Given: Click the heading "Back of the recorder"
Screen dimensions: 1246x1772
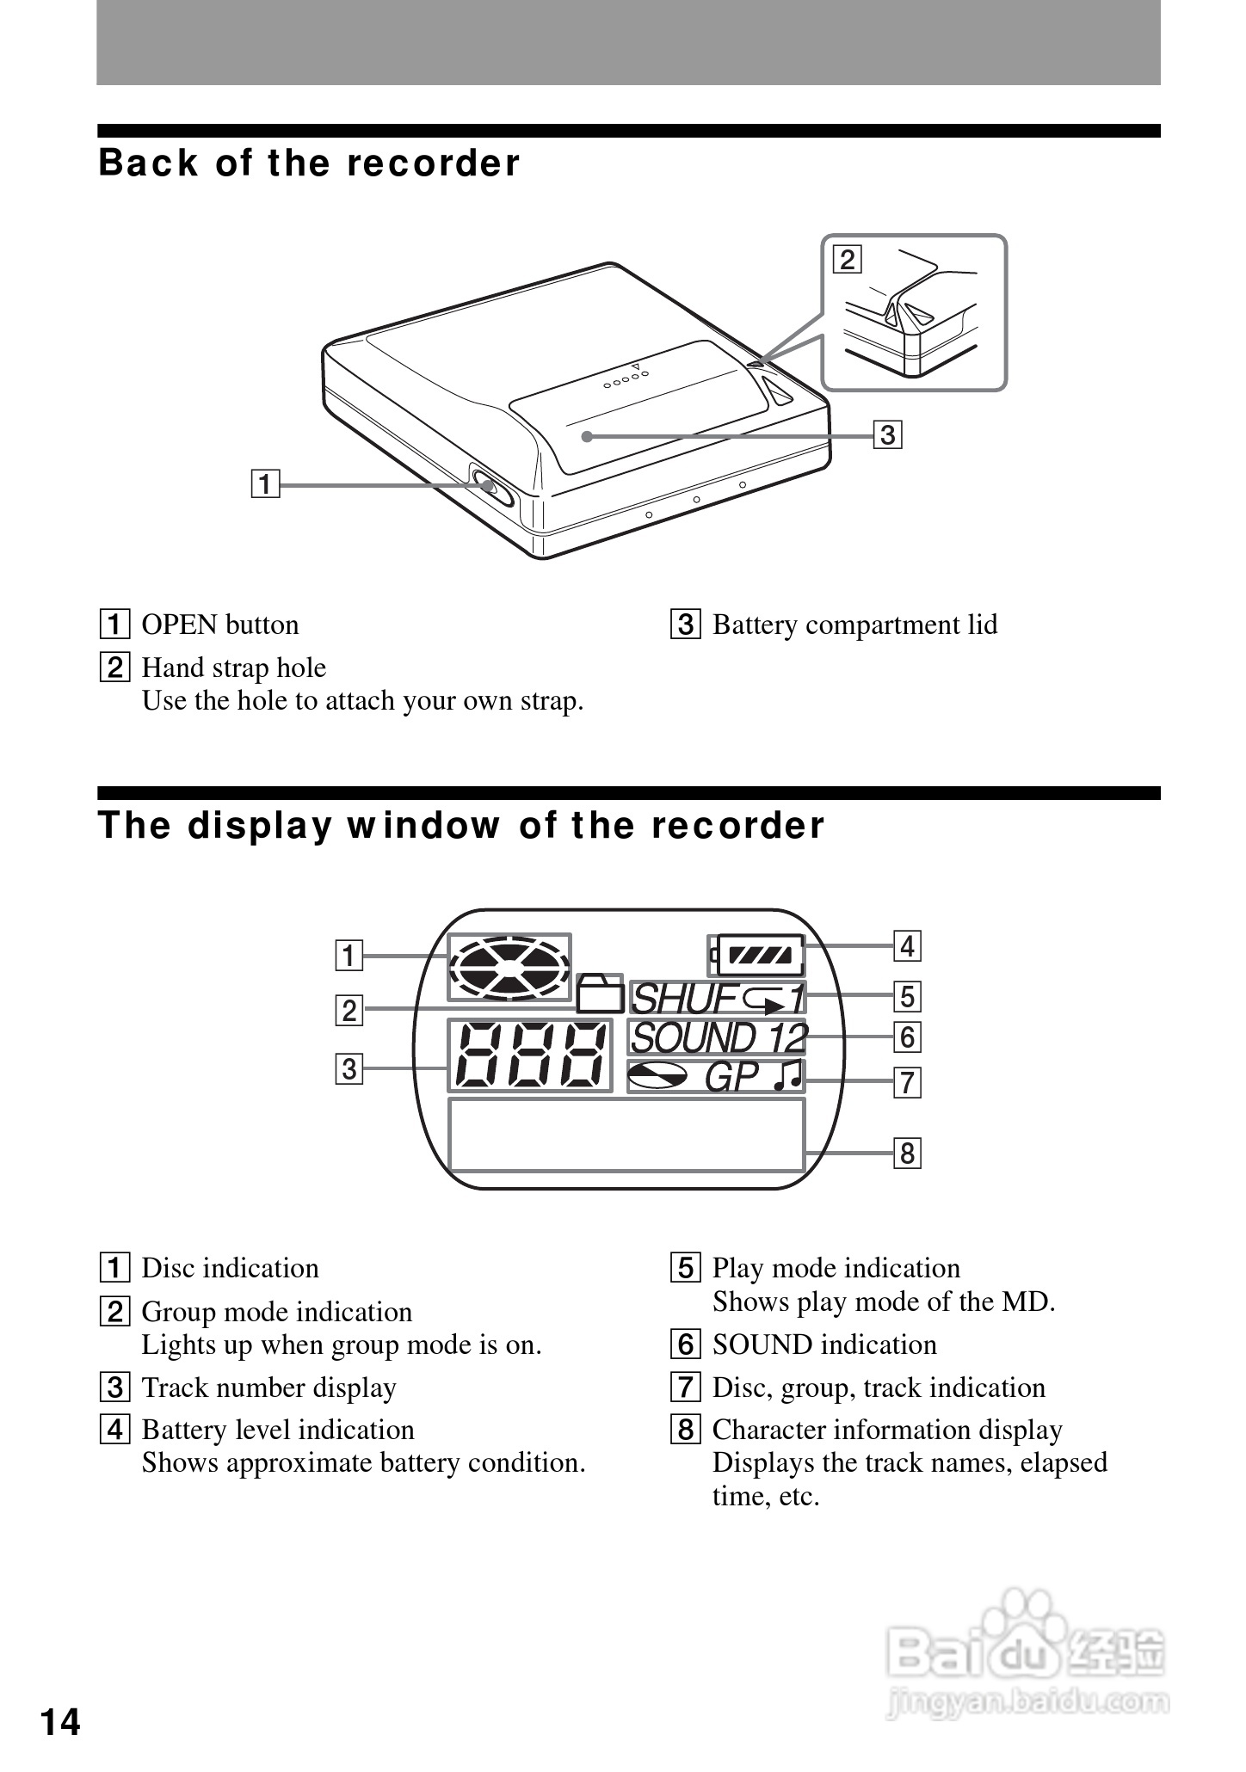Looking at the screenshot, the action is click(x=309, y=163).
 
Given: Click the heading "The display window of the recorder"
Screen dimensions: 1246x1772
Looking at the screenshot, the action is click(x=461, y=826).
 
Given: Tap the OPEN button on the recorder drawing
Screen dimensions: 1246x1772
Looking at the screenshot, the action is click(x=489, y=486).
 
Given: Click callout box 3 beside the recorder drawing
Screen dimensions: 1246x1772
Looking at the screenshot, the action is click(x=887, y=434).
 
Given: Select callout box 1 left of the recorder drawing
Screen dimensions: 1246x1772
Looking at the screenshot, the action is click(x=266, y=484).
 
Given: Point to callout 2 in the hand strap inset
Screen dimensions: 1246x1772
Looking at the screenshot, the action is click(x=848, y=259).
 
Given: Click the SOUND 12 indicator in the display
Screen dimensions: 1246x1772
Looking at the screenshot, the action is click(x=718, y=1038).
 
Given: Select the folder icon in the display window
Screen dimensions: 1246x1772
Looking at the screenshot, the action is click(x=601, y=994).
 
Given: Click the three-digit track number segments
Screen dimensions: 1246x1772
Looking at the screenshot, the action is click(x=529, y=1055).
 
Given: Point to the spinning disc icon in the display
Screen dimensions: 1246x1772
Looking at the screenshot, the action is click(x=509, y=968).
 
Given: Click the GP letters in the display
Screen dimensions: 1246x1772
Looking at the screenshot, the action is click(x=732, y=1077).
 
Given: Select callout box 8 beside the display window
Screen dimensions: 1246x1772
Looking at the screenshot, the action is click(x=907, y=1153).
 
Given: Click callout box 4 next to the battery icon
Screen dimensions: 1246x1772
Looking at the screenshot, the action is click(x=907, y=945).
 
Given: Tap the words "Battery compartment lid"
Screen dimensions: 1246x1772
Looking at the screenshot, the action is click(x=854, y=625).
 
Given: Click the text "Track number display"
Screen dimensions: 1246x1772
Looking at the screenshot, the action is click(x=268, y=1387).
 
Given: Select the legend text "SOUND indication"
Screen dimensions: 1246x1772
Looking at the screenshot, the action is click(x=824, y=1344).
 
